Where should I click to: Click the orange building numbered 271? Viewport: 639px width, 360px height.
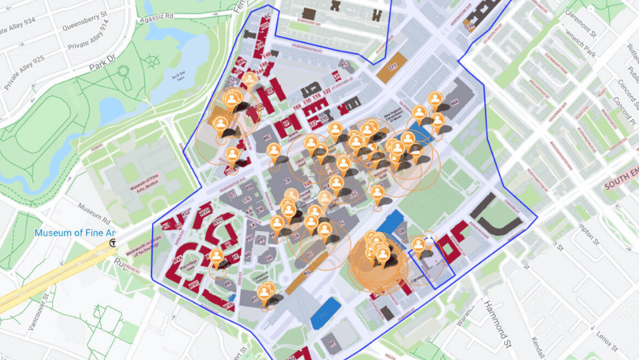(x=392, y=71)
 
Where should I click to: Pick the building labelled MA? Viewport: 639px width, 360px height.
(x=455, y=102)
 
